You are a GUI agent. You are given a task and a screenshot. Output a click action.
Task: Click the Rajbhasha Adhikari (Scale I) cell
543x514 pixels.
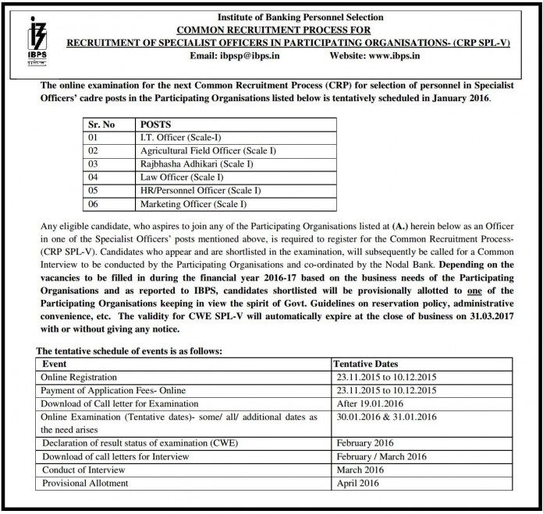(x=191, y=164)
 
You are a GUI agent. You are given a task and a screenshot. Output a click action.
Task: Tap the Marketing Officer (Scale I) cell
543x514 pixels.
(x=193, y=204)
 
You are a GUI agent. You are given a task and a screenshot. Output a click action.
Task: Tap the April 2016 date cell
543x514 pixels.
(x=357, y=483)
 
